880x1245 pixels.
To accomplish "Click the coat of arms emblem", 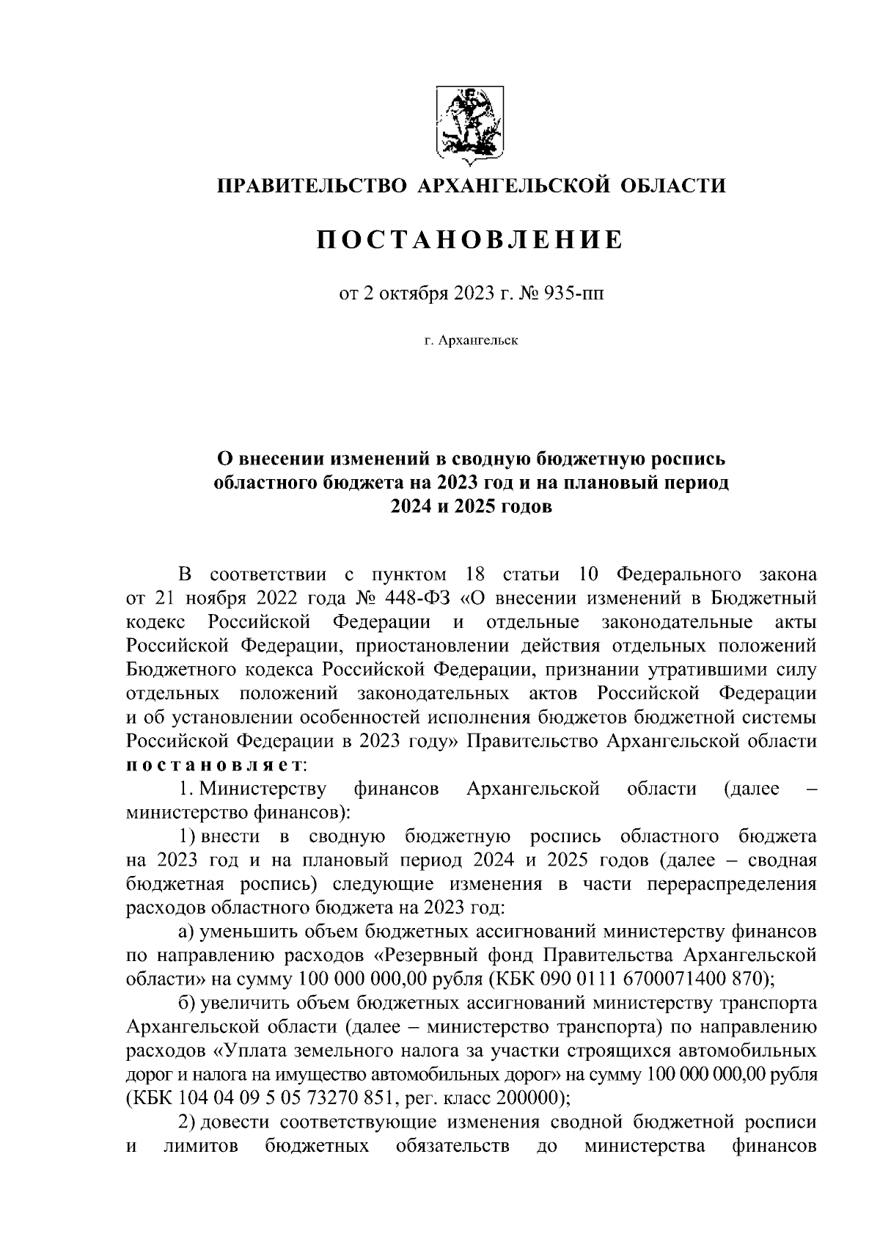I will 469,124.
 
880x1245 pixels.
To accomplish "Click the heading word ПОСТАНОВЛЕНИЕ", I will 469,240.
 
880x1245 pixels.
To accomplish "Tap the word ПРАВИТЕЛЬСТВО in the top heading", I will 311,186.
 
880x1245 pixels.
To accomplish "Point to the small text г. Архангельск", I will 470,340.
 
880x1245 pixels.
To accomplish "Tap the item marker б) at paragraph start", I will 188,1003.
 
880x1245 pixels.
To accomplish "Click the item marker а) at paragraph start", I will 187,932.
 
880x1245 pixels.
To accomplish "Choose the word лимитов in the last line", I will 201,1147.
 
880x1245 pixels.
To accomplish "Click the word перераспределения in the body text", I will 732,884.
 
